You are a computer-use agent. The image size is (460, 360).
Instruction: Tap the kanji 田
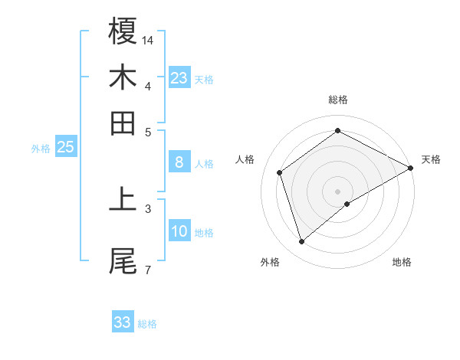tap(123, 123)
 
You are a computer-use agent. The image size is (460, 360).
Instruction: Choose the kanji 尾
tap(123, 261)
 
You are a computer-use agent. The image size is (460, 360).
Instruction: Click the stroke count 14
tap(148, 39)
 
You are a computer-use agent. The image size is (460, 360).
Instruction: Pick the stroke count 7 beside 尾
tap(147, 270)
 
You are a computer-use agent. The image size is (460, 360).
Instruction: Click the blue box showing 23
tap(179, 78)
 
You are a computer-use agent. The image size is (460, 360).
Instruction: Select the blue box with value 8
tap(179, 162)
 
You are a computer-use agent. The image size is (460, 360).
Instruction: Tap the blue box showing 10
tap(179, 231)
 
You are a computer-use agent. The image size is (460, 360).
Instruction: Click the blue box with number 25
tap(65, 147)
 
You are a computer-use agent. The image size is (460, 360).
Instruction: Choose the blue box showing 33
tap(123, 322)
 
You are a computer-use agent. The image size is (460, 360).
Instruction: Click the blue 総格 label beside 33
tap(147, 324)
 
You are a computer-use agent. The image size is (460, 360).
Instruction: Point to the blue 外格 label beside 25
tap(41, 149)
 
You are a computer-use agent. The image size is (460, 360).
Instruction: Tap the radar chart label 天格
tap(431, 159)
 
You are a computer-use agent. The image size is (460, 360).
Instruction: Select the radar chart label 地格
tap(402, 262)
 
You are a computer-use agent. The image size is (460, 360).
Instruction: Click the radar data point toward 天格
tap(410, 169)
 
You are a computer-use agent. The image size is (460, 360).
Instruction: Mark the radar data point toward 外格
tap(301, 242)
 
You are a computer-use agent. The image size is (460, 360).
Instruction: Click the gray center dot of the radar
tap(338, 190)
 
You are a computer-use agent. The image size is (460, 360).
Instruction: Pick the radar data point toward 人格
tap(280, 172)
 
